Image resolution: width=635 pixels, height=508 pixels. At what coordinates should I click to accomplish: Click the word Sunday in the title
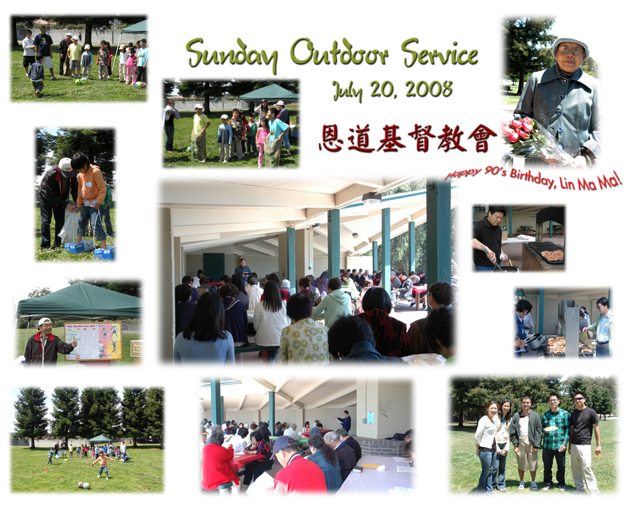pos(232,55)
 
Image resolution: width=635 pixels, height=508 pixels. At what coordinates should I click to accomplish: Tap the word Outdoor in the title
pos(339,52)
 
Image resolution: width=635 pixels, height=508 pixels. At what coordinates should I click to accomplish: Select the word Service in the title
pos(440,53)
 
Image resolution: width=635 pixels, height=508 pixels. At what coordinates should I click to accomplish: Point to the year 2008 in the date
pos(429,89)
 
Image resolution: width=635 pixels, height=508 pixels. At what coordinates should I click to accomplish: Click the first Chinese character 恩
pos(331,138)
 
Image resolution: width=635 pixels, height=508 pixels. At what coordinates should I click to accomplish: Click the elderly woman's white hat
pos(570,45)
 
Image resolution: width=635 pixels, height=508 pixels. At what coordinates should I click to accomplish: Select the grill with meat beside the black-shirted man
pos(545,253)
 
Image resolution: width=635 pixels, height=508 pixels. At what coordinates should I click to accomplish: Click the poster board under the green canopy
pos(93,341)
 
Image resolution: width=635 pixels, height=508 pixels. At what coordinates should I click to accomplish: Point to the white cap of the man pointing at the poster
pos(44,322)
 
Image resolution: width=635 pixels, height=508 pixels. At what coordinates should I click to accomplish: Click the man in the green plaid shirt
pos(555,441)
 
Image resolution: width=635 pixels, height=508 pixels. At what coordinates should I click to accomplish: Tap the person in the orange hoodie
pos(91,201)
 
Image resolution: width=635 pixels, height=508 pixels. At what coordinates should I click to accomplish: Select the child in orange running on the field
pos(103,465)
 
